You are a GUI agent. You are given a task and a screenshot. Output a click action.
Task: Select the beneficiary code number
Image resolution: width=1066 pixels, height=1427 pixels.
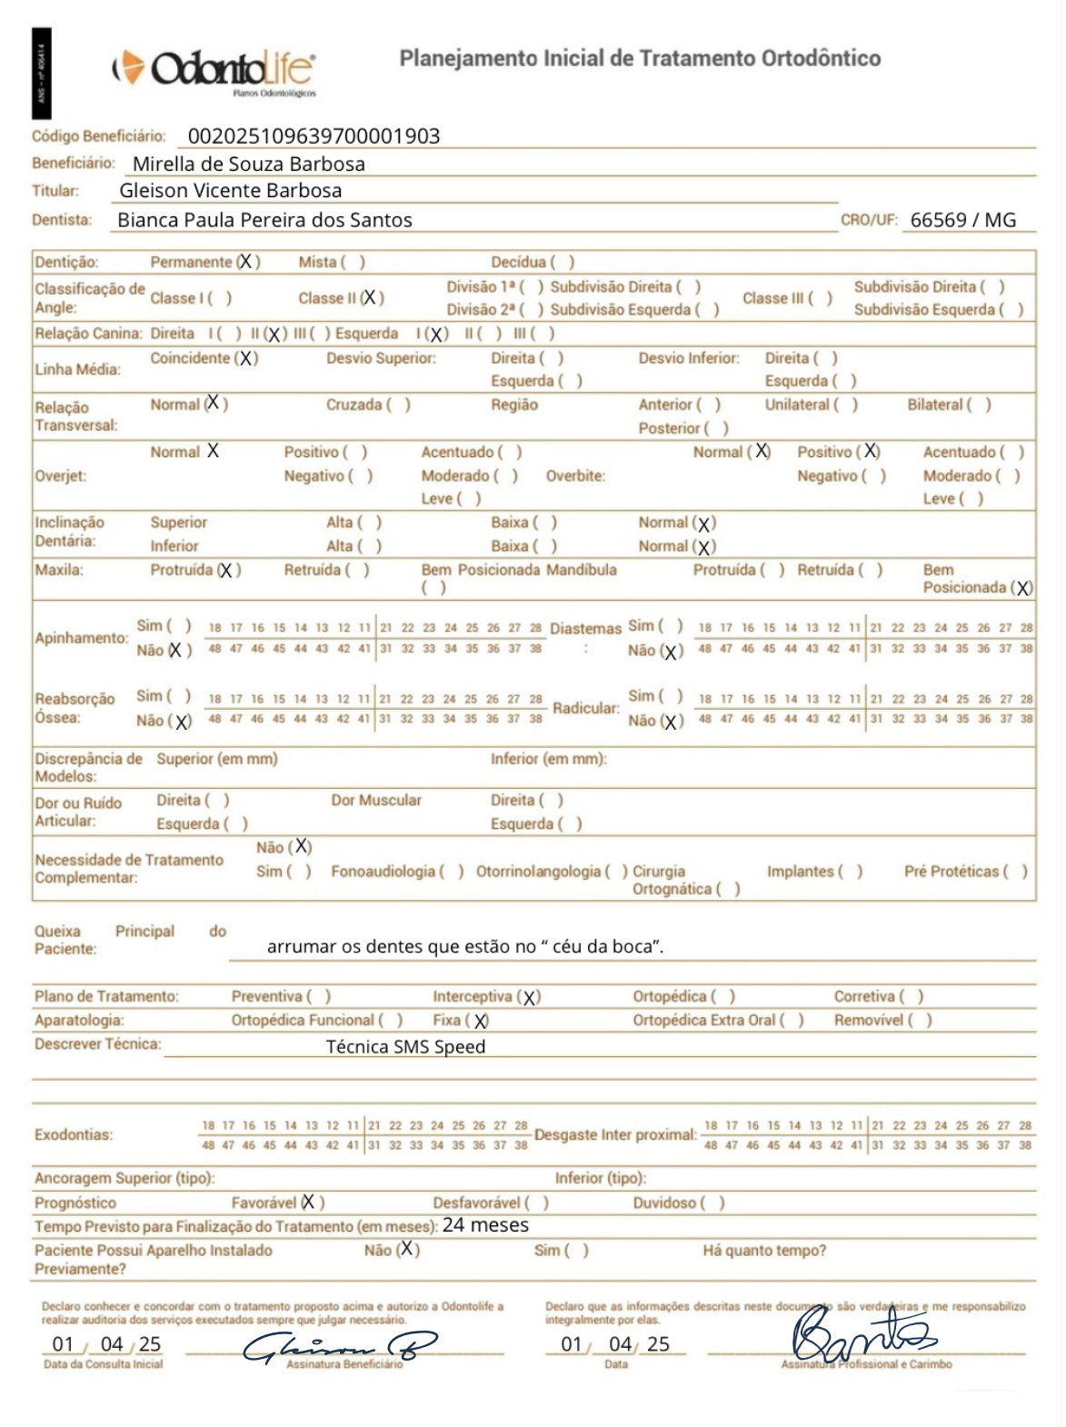314,136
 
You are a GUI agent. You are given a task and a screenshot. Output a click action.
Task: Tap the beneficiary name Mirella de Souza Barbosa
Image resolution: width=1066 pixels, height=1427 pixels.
248,165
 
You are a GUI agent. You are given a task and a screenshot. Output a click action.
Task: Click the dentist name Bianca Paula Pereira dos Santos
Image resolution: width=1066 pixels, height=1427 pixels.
264,220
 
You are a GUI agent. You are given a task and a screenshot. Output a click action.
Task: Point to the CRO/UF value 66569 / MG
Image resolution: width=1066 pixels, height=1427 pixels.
962,220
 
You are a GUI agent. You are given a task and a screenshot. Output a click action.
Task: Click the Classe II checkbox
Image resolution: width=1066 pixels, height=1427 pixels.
371,298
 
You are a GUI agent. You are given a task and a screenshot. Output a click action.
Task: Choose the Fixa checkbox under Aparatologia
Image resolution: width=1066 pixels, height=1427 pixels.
480,1021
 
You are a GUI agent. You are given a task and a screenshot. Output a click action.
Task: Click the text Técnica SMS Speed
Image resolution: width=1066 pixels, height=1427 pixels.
405,1047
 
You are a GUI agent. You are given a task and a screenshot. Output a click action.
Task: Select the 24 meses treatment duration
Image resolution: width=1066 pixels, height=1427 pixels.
485,1225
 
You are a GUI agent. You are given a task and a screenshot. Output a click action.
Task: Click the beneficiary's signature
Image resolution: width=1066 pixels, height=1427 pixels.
339,1347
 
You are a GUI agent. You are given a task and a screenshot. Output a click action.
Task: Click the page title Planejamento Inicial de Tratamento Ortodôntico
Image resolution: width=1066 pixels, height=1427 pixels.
640,59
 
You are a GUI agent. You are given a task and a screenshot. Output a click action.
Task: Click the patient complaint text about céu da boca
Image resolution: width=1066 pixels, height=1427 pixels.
464,947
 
